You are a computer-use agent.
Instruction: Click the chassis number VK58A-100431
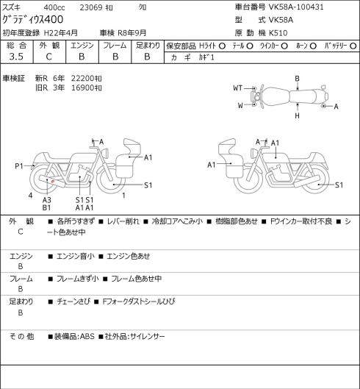[296, 7]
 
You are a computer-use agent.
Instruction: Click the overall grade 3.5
[16, 57]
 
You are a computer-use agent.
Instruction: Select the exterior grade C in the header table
[48, 57]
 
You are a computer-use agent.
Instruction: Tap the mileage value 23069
[91, 7]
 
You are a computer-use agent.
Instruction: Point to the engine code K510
[278, 33]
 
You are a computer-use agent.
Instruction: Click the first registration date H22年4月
[61, 33]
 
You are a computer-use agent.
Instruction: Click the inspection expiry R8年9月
[132, 33]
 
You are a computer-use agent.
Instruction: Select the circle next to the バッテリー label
[353, 46]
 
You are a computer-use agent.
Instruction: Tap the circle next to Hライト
[222, 46]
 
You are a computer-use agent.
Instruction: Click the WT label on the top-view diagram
[238, 88]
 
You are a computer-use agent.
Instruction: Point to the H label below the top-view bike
[297, 115]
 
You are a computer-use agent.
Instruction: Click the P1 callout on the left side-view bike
[19, 166]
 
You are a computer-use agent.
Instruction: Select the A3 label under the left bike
[46, 200]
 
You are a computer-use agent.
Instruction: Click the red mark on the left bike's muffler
[53, 182]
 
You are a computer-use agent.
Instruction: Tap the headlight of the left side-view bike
[106, 152]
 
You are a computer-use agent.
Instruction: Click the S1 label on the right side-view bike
[339, 185]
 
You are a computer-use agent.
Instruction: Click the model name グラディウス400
[33, 19]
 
